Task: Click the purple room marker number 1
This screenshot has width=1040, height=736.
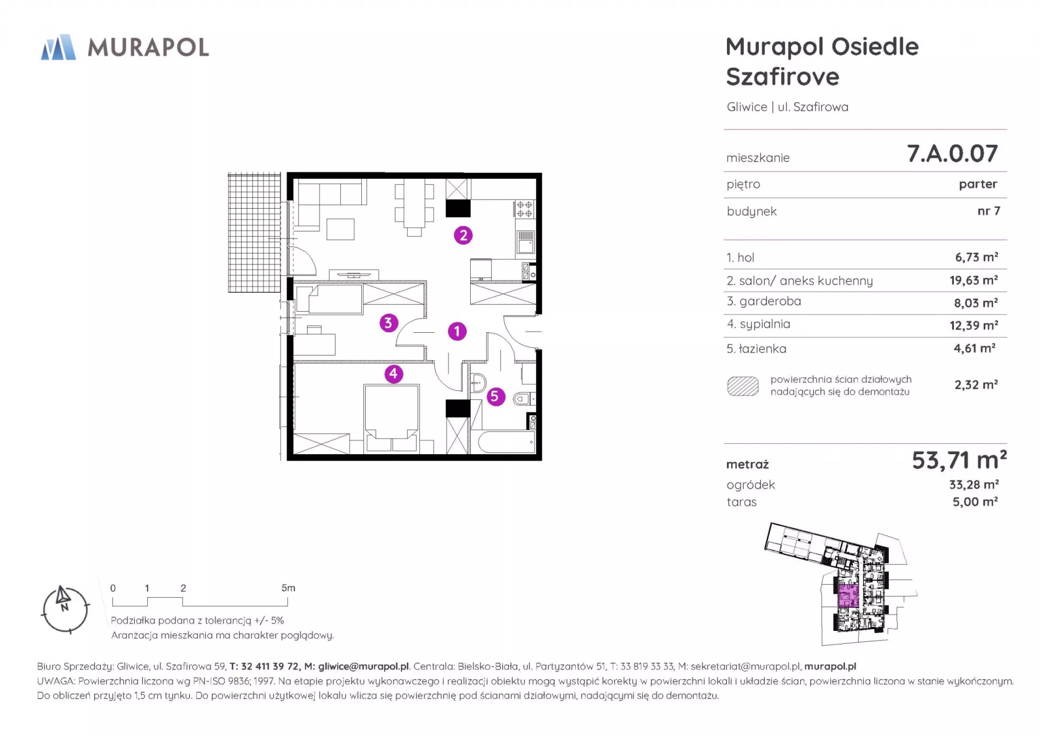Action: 457,331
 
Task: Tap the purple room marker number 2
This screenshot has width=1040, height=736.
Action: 463,235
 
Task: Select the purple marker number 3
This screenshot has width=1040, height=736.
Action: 388,323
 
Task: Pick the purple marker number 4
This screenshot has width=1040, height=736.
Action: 394,373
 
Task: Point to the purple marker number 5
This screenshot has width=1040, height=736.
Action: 495,396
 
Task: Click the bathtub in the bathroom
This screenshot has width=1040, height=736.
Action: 503,442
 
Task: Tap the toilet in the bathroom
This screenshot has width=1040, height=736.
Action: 524,399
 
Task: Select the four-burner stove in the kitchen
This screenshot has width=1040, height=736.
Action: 524,209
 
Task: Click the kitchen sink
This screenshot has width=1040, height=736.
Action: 525,242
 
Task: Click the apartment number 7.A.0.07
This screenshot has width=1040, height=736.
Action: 952,153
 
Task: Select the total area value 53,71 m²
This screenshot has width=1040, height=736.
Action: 959,460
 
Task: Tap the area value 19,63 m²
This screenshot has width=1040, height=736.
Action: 973,280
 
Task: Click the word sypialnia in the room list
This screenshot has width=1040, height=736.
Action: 765,324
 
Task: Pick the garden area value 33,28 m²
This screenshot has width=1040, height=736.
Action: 973,485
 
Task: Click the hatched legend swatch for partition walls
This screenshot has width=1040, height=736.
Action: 743,386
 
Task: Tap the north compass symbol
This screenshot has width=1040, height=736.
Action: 65,609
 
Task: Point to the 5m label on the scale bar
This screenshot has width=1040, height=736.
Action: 288,588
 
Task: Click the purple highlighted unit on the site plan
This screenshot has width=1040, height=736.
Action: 848,596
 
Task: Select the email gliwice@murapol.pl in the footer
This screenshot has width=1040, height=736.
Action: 363,667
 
